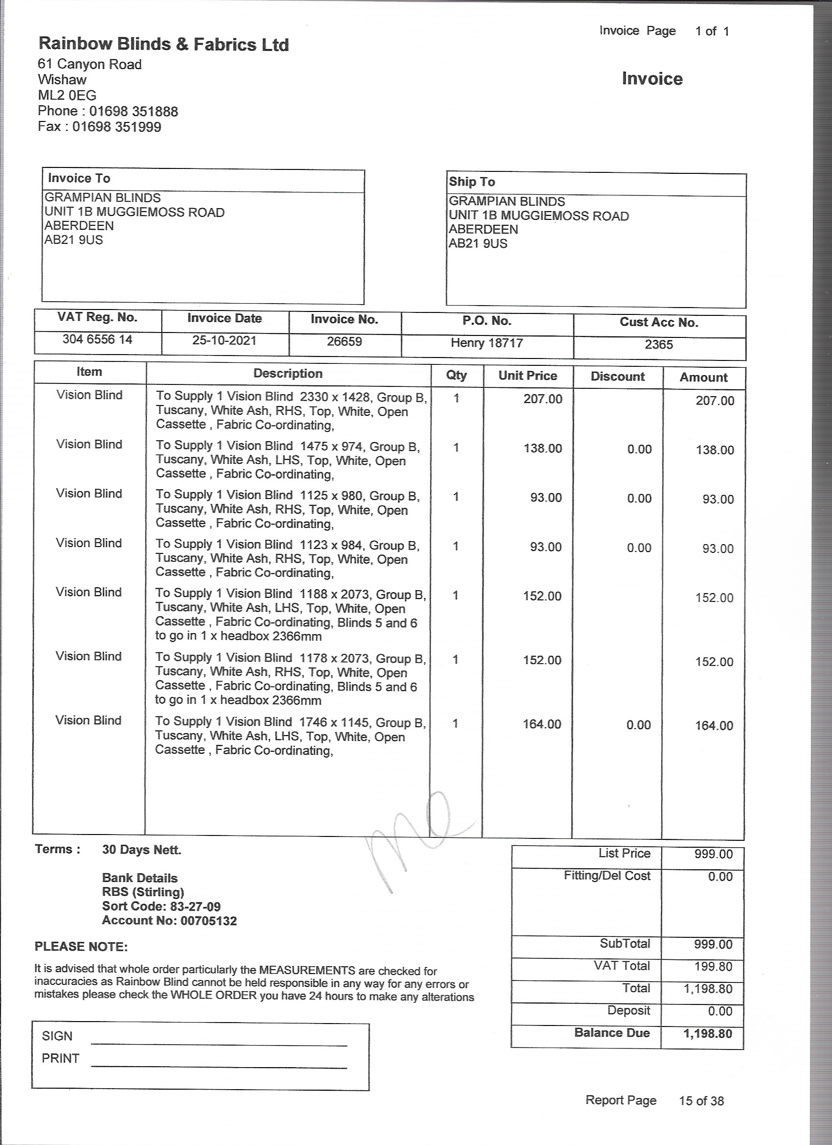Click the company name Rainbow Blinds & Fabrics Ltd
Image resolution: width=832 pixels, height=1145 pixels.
[163, 45]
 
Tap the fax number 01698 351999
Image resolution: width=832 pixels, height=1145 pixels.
[116, 126]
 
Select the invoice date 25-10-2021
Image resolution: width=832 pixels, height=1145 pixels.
[224, 340]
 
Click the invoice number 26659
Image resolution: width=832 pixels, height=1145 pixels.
[344, 341]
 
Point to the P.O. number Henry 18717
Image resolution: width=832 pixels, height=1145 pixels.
[486, 343]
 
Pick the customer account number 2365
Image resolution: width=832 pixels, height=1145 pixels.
[658, 344]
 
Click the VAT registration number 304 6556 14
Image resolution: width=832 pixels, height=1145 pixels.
[97, 339]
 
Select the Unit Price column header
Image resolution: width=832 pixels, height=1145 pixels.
[527, 376]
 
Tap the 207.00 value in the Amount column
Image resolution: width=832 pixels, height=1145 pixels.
[715, 401]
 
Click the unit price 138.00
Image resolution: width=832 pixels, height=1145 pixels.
[542, 448]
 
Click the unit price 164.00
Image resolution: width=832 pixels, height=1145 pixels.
[542, 724]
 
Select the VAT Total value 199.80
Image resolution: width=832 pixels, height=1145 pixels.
[713, 966]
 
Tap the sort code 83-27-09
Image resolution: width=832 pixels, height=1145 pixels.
[195, 906]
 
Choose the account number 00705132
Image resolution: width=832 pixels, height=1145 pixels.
[208, 920]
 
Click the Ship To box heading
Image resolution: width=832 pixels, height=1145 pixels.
[472, 182]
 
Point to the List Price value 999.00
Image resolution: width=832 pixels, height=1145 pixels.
[713, 854]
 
